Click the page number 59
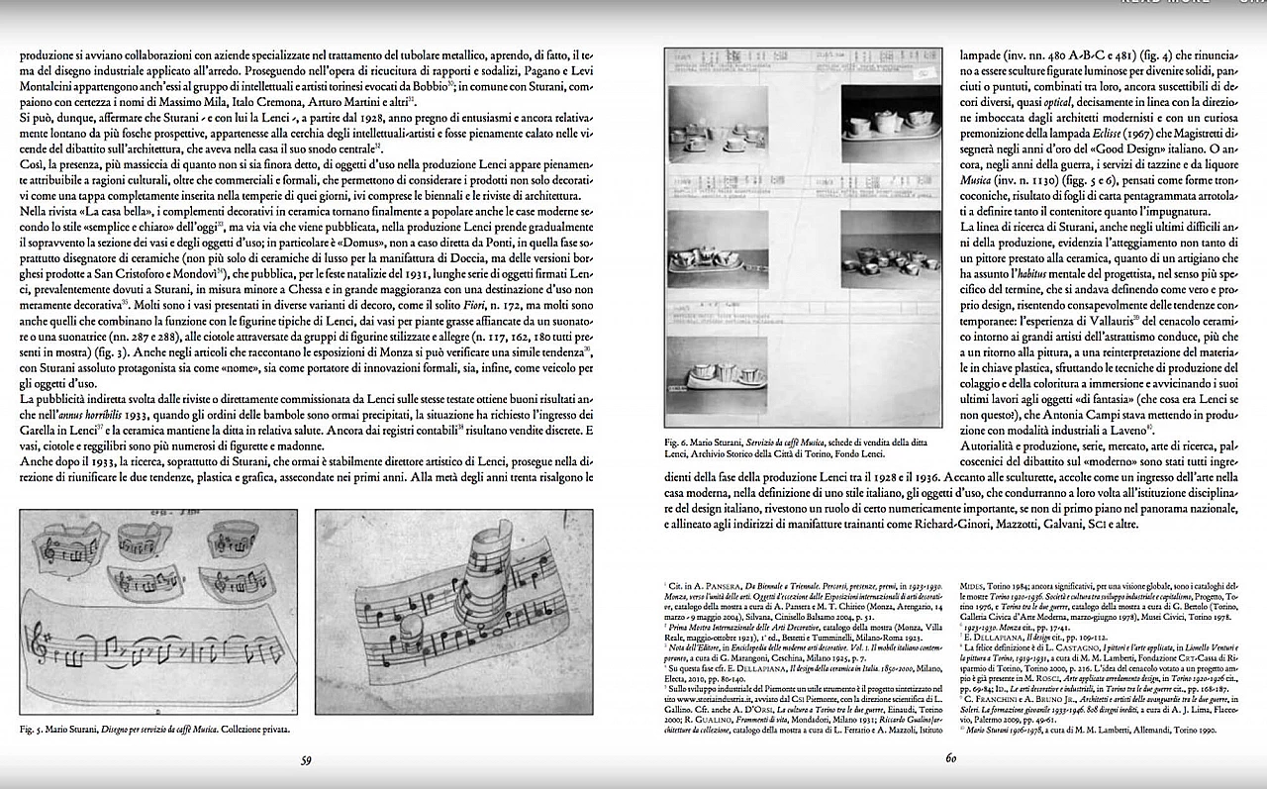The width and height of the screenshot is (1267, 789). tap(306, 760)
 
